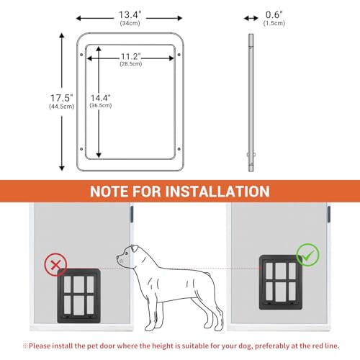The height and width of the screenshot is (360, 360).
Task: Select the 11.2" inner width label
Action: point(130,57)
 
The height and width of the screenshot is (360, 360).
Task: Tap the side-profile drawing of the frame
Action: point(251,101)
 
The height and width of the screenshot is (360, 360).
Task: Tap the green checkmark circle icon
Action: point(308,256)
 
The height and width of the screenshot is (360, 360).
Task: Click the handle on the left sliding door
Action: point(132,215)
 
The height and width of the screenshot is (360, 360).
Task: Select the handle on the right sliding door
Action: point(329,215)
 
